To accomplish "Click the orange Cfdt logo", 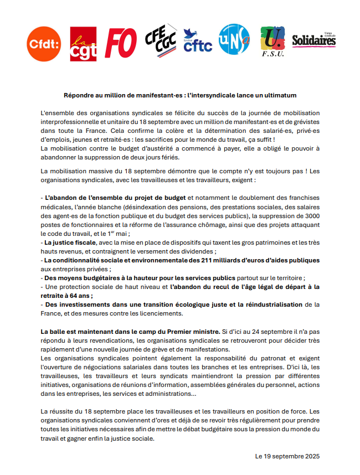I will click(44, 44).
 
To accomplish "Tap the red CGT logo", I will click(83, 44).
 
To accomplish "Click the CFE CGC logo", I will click(160, 38).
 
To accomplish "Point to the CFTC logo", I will click(197, 42).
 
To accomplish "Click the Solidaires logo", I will click(313, 40).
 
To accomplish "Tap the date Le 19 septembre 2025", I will click(287, 457).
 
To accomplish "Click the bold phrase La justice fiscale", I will click(70, 242).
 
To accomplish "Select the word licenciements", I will click(156, 313).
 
